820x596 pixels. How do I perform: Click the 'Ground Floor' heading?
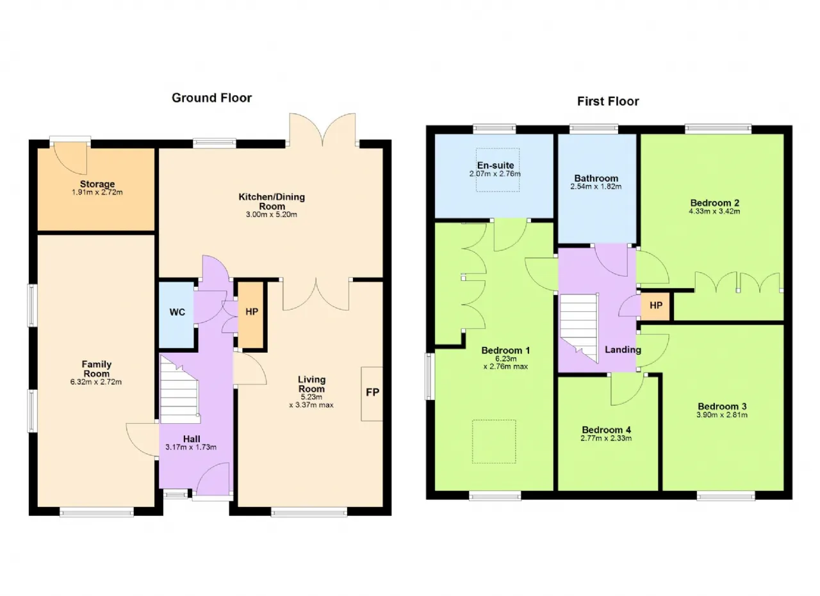(211, 98)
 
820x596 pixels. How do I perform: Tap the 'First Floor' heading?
(608, 101)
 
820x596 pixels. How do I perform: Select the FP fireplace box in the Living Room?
(372, 394)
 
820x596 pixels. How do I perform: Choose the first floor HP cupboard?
(655, 306)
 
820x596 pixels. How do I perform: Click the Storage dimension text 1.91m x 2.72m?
(97, 193)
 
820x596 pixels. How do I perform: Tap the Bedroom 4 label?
(606, 430)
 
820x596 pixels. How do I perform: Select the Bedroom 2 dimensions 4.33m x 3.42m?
(714, 211)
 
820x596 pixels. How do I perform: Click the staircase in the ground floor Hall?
(179, 390)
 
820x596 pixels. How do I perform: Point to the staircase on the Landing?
(578, 328)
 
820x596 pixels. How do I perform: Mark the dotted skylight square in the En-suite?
(498, 170)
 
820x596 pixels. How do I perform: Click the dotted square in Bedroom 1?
(494, 442)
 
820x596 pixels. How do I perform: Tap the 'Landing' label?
(623, 350)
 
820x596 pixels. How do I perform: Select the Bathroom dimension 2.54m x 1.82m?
(596, 186)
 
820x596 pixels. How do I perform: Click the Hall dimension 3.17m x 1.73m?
(191, 447)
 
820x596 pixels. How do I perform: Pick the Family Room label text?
(96, 369)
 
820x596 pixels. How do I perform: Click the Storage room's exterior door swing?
(70, 158)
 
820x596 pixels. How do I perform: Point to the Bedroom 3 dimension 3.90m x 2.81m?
(722, 415)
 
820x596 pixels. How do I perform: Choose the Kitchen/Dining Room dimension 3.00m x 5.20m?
(271, 214)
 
